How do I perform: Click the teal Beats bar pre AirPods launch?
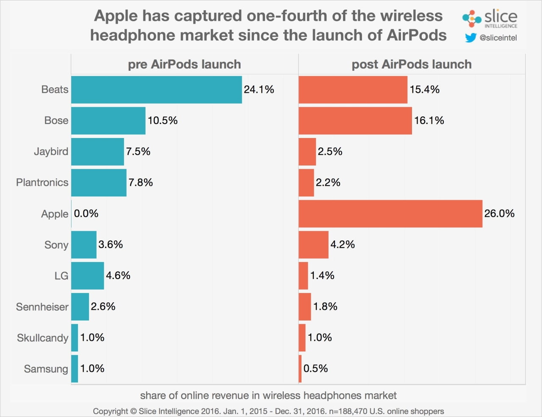pyautogui.click(x=156, y=90)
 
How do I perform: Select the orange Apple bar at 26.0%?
pyautogui.click(x=390, y=214)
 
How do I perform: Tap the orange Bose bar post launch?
pyautogui.click(x=355, y=121)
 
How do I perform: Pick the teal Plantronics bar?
pyautogui.click(x=99, y=183)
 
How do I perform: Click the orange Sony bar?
pyautogui.click(x=313, y=245)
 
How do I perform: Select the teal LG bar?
pyautogui.click(x=87, y=276)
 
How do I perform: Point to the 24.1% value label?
pyautogui.click(x=259, y=90)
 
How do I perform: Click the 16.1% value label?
pyautogui.click(x=429, y=121)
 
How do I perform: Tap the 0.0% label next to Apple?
pyautogui.click(x=86, y=213)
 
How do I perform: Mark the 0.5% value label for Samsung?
pyautogui.click(x=315, y=368)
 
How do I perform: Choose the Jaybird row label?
pyautogui.click(x=51, y=152)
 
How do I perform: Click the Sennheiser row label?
pyautogui.click(x=42, y=307)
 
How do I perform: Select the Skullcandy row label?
pyautogui.click(x=42, y=338)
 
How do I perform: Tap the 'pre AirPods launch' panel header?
pyautogui.click(x=184, y=64)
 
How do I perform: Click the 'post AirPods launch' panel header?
pyautogui.click(x=412, y=64)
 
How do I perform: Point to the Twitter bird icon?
pyautogui.click(x=470, y=38)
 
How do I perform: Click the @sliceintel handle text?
pyautogui.click(x=498, y=38)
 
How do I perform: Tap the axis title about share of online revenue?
pyautogui.click(x=268, y=395)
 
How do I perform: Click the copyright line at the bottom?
pyautogui.click(x=268, y=411)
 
